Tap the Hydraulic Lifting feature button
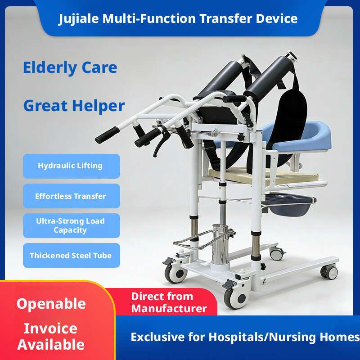[x=72, y=166]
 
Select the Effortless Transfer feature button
[x=72, y=196]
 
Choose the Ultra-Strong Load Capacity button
[x=72, y=225]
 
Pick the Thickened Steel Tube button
[x=72, y=255]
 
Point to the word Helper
[x=99, y=106]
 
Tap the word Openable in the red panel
[x=51, y=304]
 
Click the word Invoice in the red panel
[x=50, y=328]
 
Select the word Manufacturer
[x=169, y=308]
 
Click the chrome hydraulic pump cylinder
[x=220, y=245]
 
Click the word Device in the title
[x=277, y=18]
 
